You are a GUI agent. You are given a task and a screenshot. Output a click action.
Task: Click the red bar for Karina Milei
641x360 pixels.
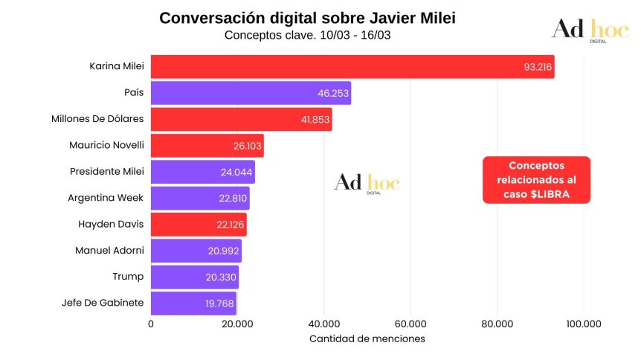click(x=352, y=67)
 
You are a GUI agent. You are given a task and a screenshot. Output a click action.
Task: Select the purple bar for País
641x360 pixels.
click(x=251, y=93)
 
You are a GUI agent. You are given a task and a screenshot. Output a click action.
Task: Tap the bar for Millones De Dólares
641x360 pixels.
click(x=241, y=119)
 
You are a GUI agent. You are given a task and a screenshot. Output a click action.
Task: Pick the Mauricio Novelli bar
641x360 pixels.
click(x=207, y=146)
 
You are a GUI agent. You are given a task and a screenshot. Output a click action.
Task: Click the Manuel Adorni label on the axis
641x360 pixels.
click(x=109, y=251)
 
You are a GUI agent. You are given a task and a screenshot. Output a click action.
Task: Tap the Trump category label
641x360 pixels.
click(x=128, y=277)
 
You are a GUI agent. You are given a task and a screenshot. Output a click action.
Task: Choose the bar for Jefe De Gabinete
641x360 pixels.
click(x=193, y=303)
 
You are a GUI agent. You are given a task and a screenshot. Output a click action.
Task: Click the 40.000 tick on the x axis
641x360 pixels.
click(x=323, y=324)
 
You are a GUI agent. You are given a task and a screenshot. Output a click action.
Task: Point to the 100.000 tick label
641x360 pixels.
click(x=583, y=324)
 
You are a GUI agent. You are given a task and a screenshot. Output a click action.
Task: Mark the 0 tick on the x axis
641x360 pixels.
click(x=151, y=324)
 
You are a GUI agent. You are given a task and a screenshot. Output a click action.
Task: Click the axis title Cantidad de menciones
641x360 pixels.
click(x=367, y=339)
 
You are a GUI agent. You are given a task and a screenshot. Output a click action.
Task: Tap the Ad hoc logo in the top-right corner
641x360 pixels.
click(x=588, y=30)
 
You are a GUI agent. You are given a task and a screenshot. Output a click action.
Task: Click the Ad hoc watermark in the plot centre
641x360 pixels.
click(x=366, y=184)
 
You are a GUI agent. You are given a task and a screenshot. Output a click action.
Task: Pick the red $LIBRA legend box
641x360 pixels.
click(x=536, y=180)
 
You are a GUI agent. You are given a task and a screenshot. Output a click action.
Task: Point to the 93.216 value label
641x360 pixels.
click(x=537, y=67)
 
